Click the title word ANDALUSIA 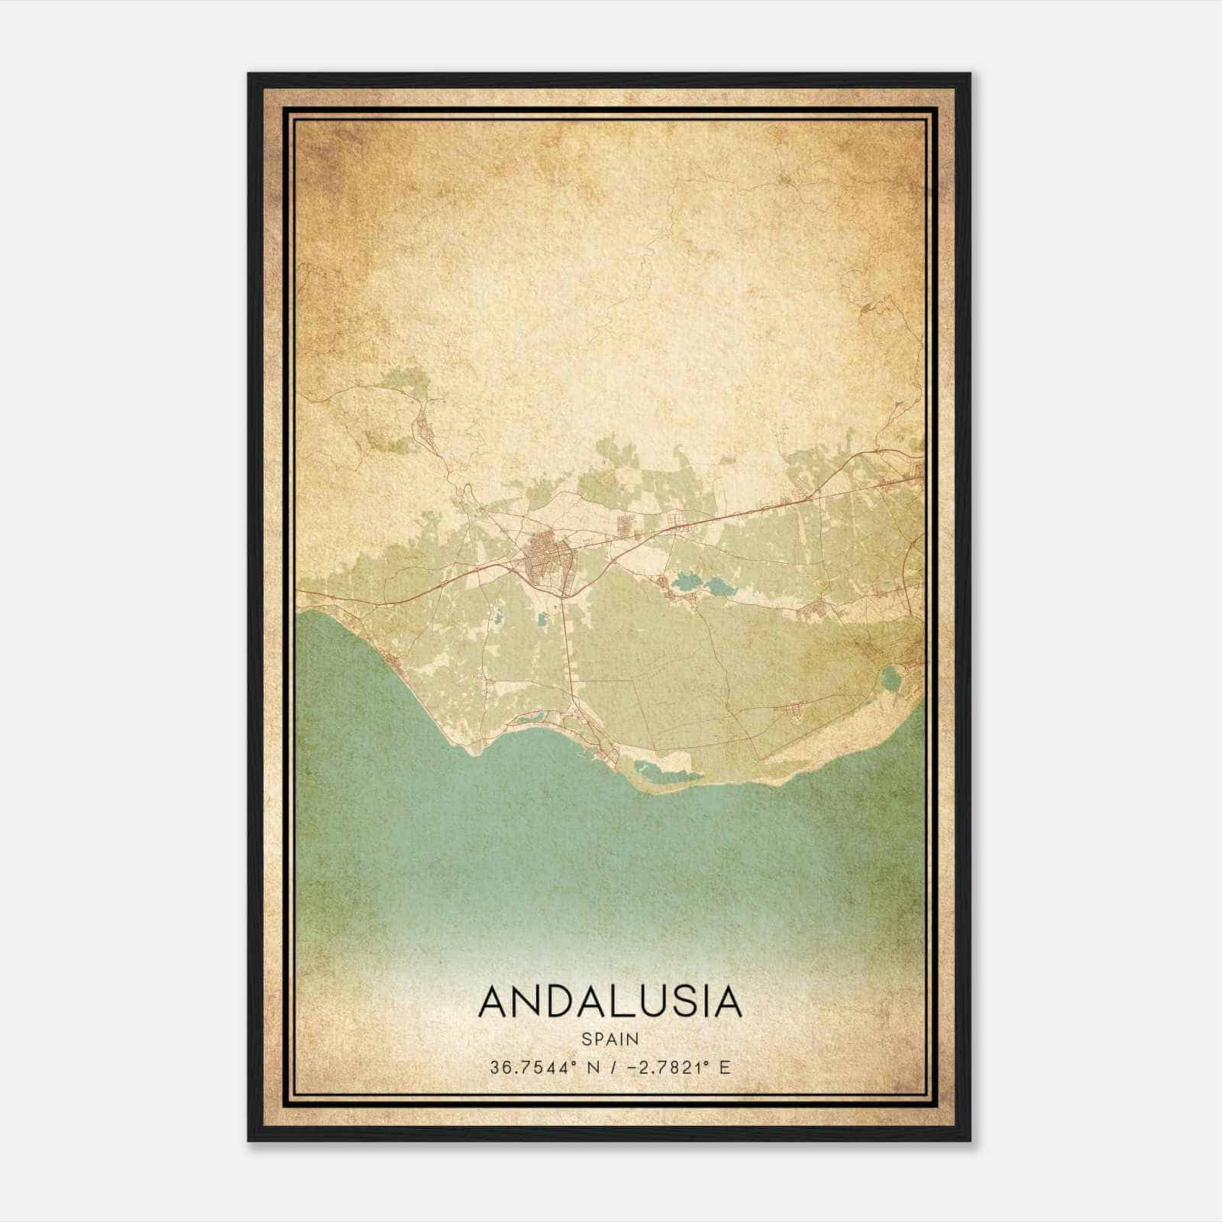609,1001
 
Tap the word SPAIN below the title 609,1039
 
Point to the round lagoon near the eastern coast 891,677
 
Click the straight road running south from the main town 567,649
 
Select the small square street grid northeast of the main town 628,524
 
